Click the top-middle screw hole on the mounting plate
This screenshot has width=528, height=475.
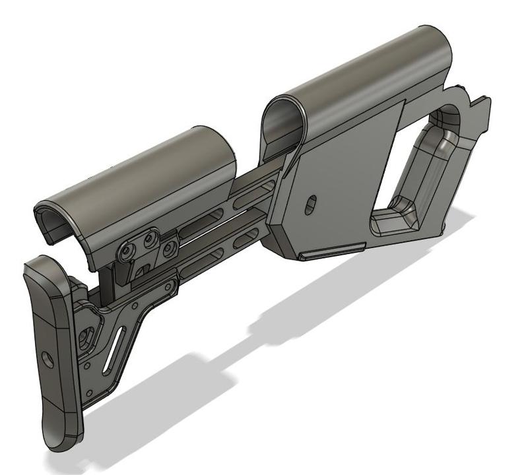click(152, 236)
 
